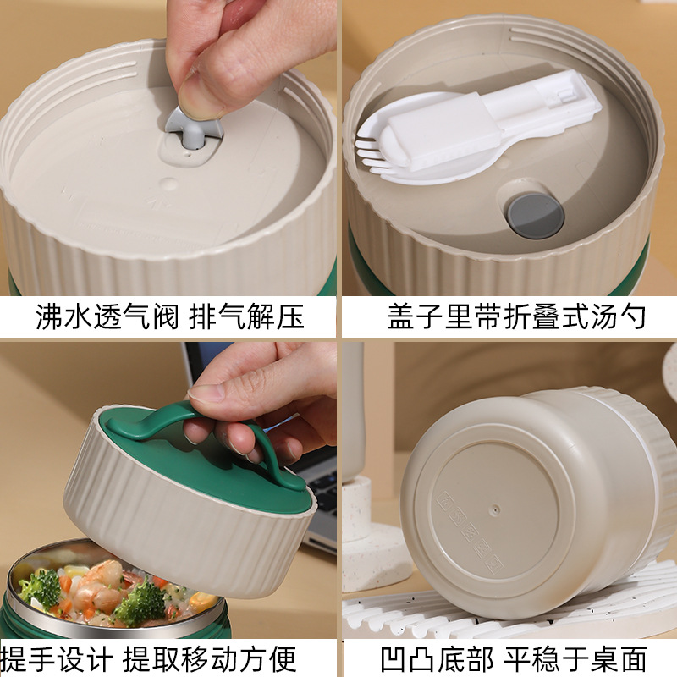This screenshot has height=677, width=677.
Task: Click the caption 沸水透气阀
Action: [107, 316]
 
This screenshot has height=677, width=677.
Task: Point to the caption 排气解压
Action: [247, 316]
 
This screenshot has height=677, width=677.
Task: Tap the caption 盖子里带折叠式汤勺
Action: [516, 316]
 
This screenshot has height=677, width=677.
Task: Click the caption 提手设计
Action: [56, 659]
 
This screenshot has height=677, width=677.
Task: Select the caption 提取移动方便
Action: [209, 659]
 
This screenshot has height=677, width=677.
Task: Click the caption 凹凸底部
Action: [437, 659]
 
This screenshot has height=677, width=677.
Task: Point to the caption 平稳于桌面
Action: [575, 659]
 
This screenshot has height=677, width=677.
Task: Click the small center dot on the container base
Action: [496, 509]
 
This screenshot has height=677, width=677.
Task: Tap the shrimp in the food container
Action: [97, 581]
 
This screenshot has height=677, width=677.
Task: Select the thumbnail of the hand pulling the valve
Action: [168, 147]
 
